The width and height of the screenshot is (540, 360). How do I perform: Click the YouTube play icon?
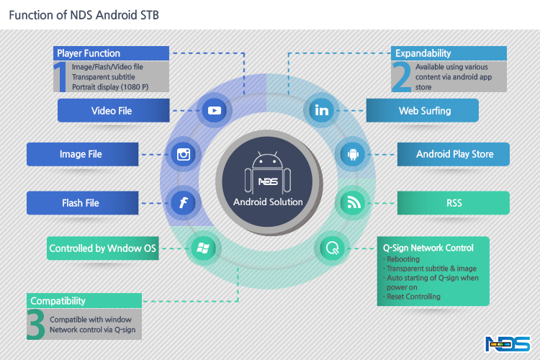click(x=214, y=110)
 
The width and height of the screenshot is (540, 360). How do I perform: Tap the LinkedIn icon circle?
click(x=320, y=110)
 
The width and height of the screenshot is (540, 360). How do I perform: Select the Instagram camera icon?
click(x=183, y=154)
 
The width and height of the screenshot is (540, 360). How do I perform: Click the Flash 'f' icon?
click(x=183, y=202)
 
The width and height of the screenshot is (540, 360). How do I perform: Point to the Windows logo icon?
click(x=202, y=248)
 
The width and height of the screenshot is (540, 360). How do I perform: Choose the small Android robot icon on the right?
click(x=353, y=154)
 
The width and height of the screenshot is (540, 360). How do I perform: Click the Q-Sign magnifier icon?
click(x=332, y=248)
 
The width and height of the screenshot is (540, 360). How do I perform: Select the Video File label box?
click(x=112, y=111)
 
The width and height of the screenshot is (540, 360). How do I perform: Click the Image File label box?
click(x=81, y=154)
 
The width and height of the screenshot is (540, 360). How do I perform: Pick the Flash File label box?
click(x=81, y=203)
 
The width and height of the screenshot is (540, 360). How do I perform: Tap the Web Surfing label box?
click(x=423, y=111)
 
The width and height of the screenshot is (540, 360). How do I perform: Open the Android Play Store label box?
click(x=454, y=154)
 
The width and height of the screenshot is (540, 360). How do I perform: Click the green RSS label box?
click(x=454, y=203)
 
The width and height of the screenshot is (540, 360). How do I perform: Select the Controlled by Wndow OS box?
click(x=102, y=249)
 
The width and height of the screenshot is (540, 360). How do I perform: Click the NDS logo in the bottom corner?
click(x=508, y=344)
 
